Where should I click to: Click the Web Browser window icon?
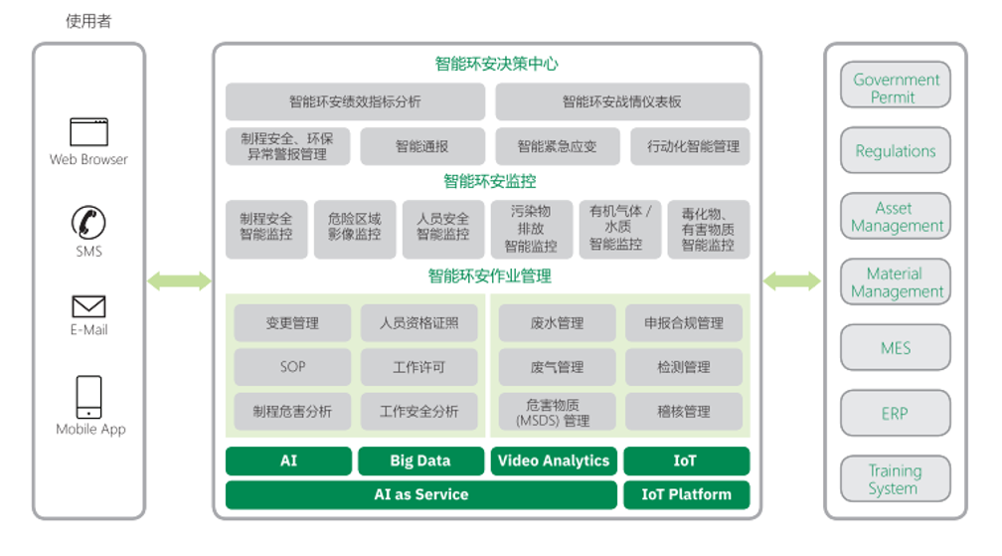click(x=88, y=131)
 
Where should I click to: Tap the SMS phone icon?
click(x=88, y=223)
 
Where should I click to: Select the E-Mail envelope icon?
click(x=88, y=306)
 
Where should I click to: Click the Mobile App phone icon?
click(x=89, y=397)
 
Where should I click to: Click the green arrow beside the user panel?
click(x=179, y=281)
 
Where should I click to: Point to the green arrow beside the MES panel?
click(x=791, y=281)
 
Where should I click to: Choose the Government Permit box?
click(x=895, y=88)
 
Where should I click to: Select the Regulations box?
click(x=895, y=151)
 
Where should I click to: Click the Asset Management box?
click(x=895, y=217)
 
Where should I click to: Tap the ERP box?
click(x=895, y=413)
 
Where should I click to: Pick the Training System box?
click(x=895, y=479)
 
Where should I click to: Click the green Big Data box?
click(x=419, y=461)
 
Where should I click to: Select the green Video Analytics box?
click(x=553, y=461)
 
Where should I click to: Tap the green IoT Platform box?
click(x=686, y=494)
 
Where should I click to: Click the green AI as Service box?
click(x=420, y=494)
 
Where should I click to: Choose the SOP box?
click(x=292, y=367)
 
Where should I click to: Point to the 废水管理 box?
click(x=557, y=323)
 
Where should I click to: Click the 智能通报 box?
click(x=421, y=146)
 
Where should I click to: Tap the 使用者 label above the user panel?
click(x=88, y=21)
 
